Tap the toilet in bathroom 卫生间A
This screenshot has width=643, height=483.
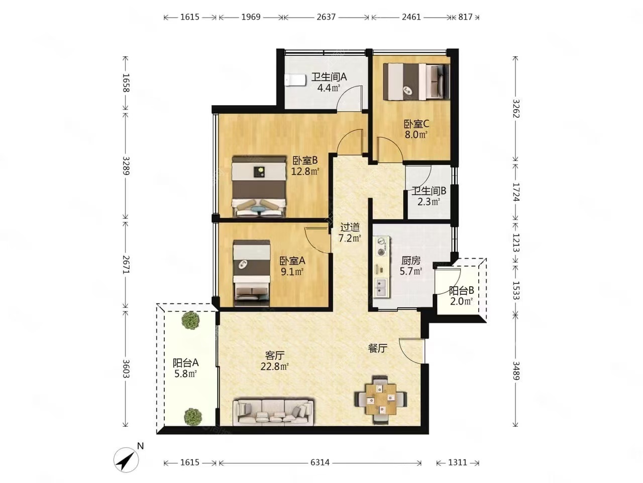295,80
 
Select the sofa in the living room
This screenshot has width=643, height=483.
273,412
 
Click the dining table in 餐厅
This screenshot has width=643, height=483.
381,399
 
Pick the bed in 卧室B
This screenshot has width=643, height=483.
259,187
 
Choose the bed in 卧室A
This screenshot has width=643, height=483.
252,273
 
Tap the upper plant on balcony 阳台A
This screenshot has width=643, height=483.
191,320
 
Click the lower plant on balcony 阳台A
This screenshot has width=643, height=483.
193,417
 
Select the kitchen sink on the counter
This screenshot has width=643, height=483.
381,287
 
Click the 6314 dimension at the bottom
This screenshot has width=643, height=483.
320,462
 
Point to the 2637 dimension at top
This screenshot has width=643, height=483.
326,17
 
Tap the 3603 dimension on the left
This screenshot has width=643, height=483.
126,369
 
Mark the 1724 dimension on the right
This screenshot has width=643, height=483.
515,192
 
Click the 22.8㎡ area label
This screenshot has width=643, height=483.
275,367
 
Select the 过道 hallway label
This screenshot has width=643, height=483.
350,227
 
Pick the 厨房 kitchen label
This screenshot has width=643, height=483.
411,260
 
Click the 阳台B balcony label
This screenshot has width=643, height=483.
461,290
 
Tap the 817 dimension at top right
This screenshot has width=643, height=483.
465,17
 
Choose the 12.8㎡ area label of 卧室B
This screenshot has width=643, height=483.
305,171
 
